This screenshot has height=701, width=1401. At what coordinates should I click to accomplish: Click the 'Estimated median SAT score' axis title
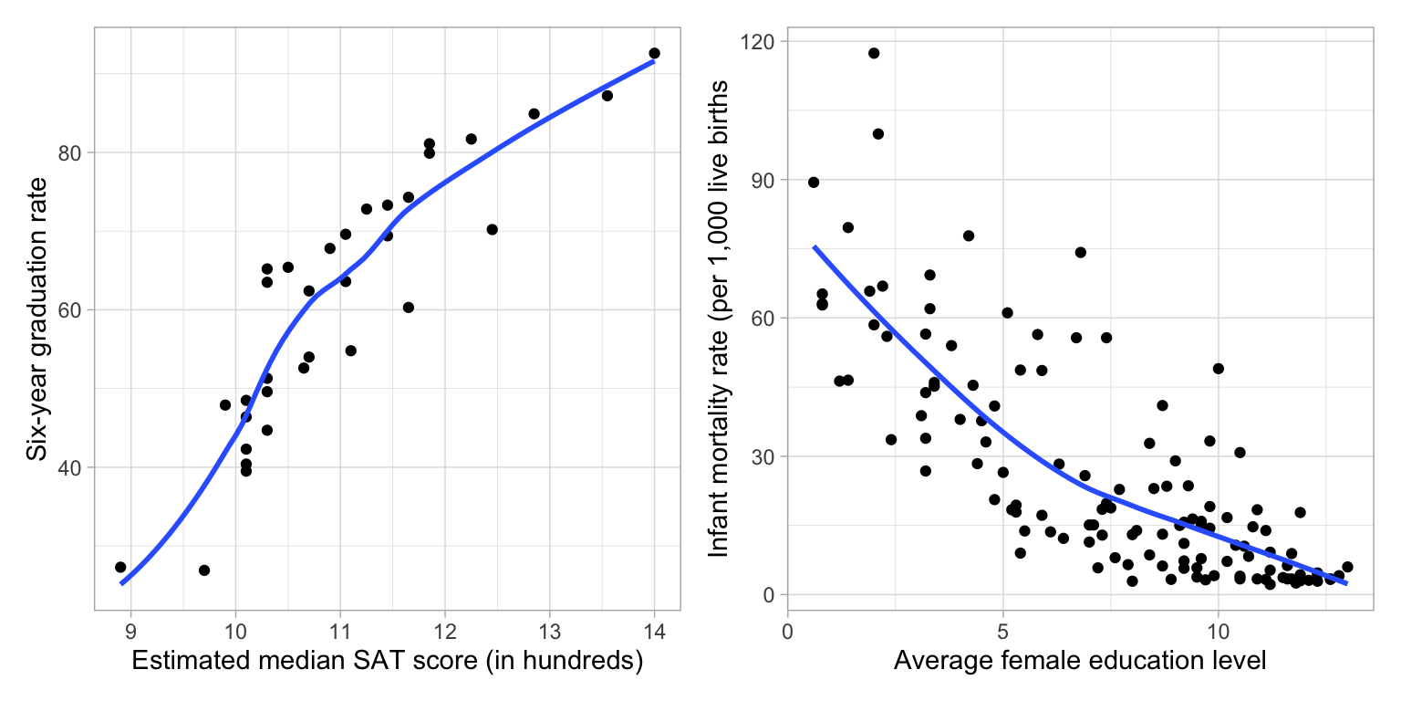pyautogui.click(x=388, y=662)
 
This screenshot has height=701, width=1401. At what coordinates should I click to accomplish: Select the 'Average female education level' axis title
pyautogui.click(x=1080, y=662)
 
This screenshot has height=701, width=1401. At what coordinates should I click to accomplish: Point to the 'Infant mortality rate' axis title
pyautogui.click(x=719, y=319)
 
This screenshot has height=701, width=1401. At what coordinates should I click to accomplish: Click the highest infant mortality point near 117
pyautogui.click(x=874, y=53)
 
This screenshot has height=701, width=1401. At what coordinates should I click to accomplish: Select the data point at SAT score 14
pyautogui.click(x=654, y=53)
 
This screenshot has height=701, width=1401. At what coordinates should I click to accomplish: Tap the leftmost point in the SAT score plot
pyautogui.click(x=120, y=567)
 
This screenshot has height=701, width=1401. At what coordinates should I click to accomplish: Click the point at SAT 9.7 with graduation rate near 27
pyautogui.click(x=204, y=570)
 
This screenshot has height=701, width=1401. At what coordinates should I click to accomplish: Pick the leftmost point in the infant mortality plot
pyautogui.click(x=814, y=183)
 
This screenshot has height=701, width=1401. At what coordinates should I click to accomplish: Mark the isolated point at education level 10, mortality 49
pyautogui.click(x=1218, y=369)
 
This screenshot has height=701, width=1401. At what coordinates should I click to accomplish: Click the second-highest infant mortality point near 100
pyautogui.click(x=878, y=133)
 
